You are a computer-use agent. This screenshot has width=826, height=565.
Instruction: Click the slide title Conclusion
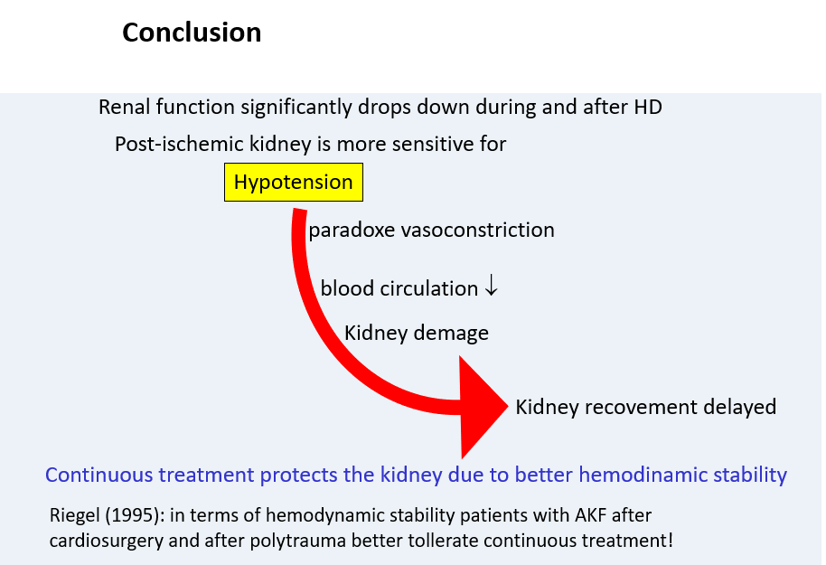(192, 33)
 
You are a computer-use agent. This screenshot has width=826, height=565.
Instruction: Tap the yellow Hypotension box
(294, 182)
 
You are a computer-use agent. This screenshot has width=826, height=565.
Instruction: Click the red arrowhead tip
(507, 407)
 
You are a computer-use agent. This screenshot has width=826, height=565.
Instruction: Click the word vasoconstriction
(477, 230)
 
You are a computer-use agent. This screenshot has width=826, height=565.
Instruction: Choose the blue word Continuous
(99, 475)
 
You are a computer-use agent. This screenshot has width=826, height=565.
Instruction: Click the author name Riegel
(74, 515)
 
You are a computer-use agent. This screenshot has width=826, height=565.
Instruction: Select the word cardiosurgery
(107, 541)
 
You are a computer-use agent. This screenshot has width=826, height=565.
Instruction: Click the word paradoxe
(352, 231)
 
